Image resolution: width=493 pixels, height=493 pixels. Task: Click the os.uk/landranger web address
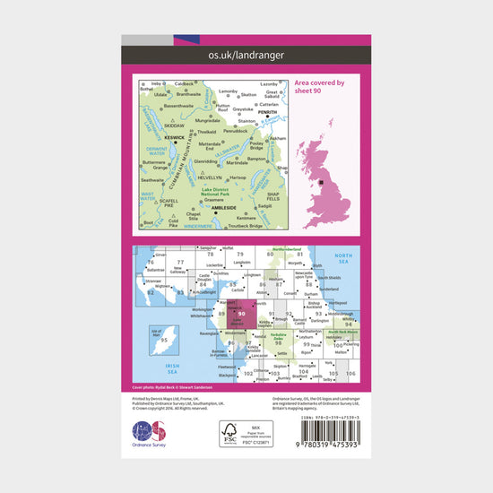246,55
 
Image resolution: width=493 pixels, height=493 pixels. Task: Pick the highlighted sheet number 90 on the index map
242,313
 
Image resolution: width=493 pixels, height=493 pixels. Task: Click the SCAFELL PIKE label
151,204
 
